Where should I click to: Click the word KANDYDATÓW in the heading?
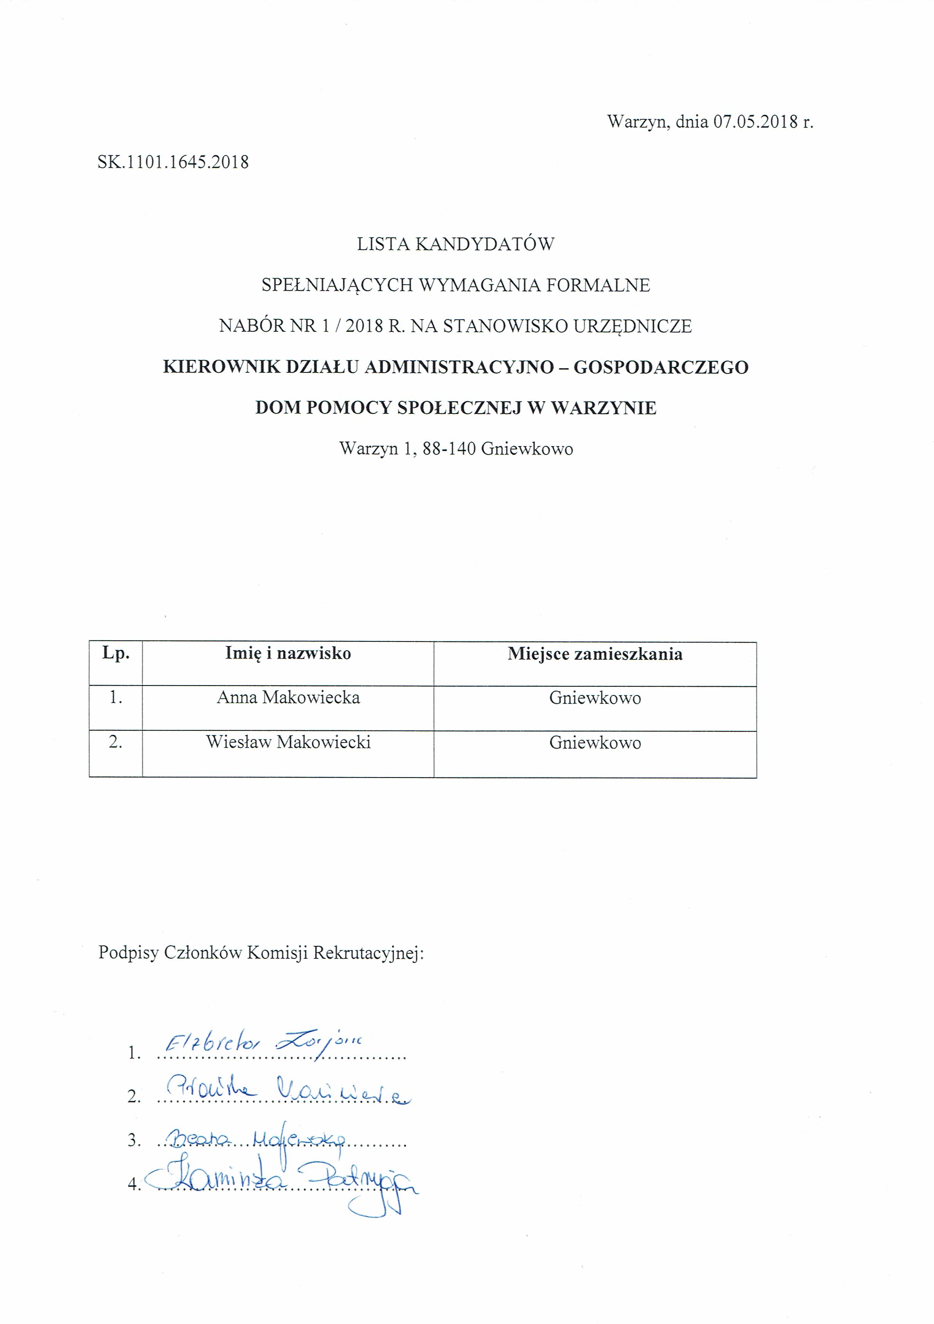coord(484,244)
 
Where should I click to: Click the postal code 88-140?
coord(449,449)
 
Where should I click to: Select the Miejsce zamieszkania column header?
coord(595,654)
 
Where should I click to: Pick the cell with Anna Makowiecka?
coord(288,698)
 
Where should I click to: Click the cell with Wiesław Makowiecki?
coord(288,742)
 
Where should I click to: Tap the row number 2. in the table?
coord(115,742)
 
